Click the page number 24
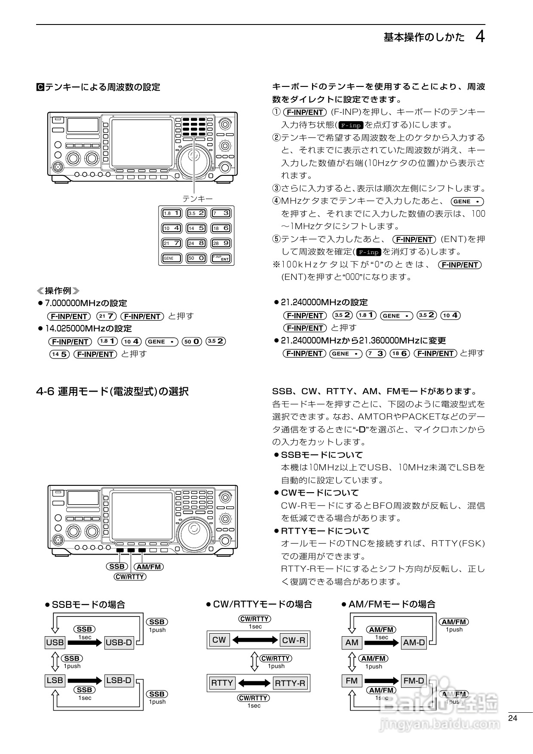512,718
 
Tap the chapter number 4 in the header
480,37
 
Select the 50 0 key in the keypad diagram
196,258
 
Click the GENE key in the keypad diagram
172,258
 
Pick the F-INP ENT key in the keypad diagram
221,258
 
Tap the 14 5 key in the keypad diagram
196,228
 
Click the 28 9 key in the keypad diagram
221,243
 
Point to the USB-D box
119,643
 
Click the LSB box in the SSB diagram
55,680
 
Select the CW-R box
294,640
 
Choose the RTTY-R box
290,683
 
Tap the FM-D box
414,681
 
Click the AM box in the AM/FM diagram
352,643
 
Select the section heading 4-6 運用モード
112,392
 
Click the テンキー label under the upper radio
197,199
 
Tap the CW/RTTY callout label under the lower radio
130,577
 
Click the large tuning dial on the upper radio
194,159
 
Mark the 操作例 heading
58,291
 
